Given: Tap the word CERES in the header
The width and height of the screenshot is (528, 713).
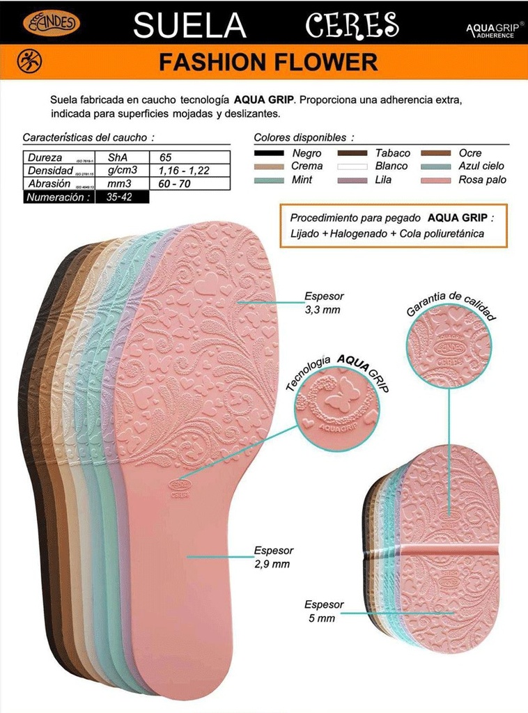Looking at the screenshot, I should [x=352, y=26].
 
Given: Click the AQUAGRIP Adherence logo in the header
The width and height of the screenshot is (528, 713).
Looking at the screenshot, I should [x=494, y=29].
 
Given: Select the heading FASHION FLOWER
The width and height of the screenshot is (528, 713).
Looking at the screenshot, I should [x=268, y=63].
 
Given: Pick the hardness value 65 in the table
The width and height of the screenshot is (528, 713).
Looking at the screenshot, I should [x=166, y=157].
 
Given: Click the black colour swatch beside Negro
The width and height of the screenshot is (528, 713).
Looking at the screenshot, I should [x=269, y=153].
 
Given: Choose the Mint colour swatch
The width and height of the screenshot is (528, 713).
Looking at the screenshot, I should [x=269, y=180].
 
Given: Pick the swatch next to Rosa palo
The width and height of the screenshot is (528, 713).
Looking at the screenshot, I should [x=436, y=180].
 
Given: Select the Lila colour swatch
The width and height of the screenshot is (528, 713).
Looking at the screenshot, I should [x=352, y=180].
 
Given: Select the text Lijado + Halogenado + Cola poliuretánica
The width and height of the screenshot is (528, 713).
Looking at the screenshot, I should [x=387, y=234].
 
